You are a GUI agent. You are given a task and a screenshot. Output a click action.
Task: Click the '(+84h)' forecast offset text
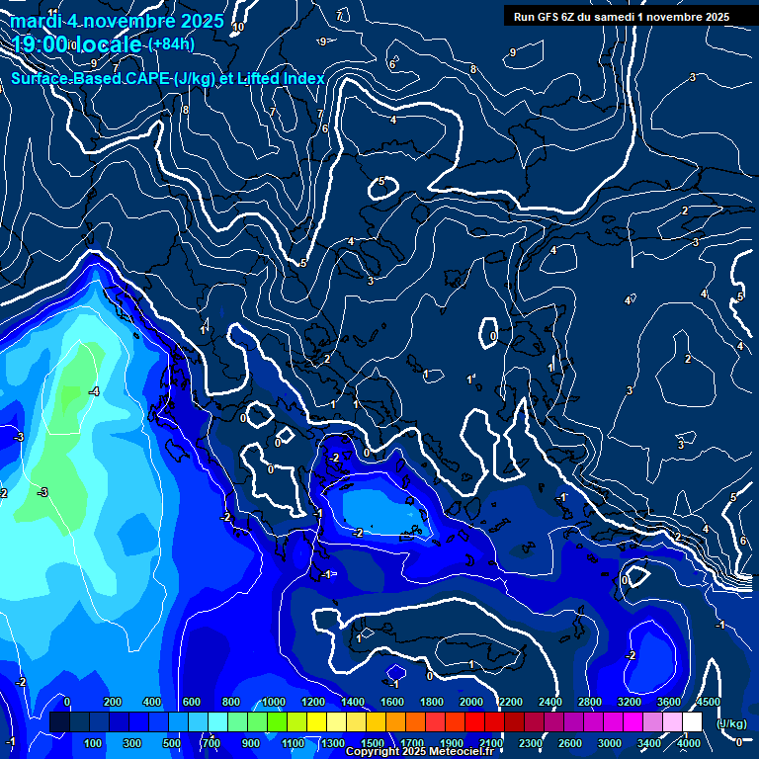[171, 43]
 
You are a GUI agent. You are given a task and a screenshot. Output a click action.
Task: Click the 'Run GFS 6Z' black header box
[621, 16]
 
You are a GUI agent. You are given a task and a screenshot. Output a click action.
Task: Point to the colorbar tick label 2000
[471, 702]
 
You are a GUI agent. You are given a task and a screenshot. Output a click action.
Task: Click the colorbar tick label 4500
[708, 702]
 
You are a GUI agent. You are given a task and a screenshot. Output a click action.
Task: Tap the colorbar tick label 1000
[273, 702]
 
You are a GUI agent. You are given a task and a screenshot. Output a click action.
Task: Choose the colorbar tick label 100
[94, 742]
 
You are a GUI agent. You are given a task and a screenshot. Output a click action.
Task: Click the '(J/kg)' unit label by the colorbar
[730, 724]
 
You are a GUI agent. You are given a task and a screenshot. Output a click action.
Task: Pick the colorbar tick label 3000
[610, 742]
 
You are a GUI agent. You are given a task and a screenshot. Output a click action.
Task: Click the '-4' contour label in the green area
[93, 392]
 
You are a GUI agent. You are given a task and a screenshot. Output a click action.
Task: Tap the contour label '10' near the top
[237, 28]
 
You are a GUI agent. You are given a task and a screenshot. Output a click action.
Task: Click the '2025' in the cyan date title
[202, 20]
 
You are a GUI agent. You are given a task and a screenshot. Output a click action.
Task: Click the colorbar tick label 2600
[570, 742]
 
